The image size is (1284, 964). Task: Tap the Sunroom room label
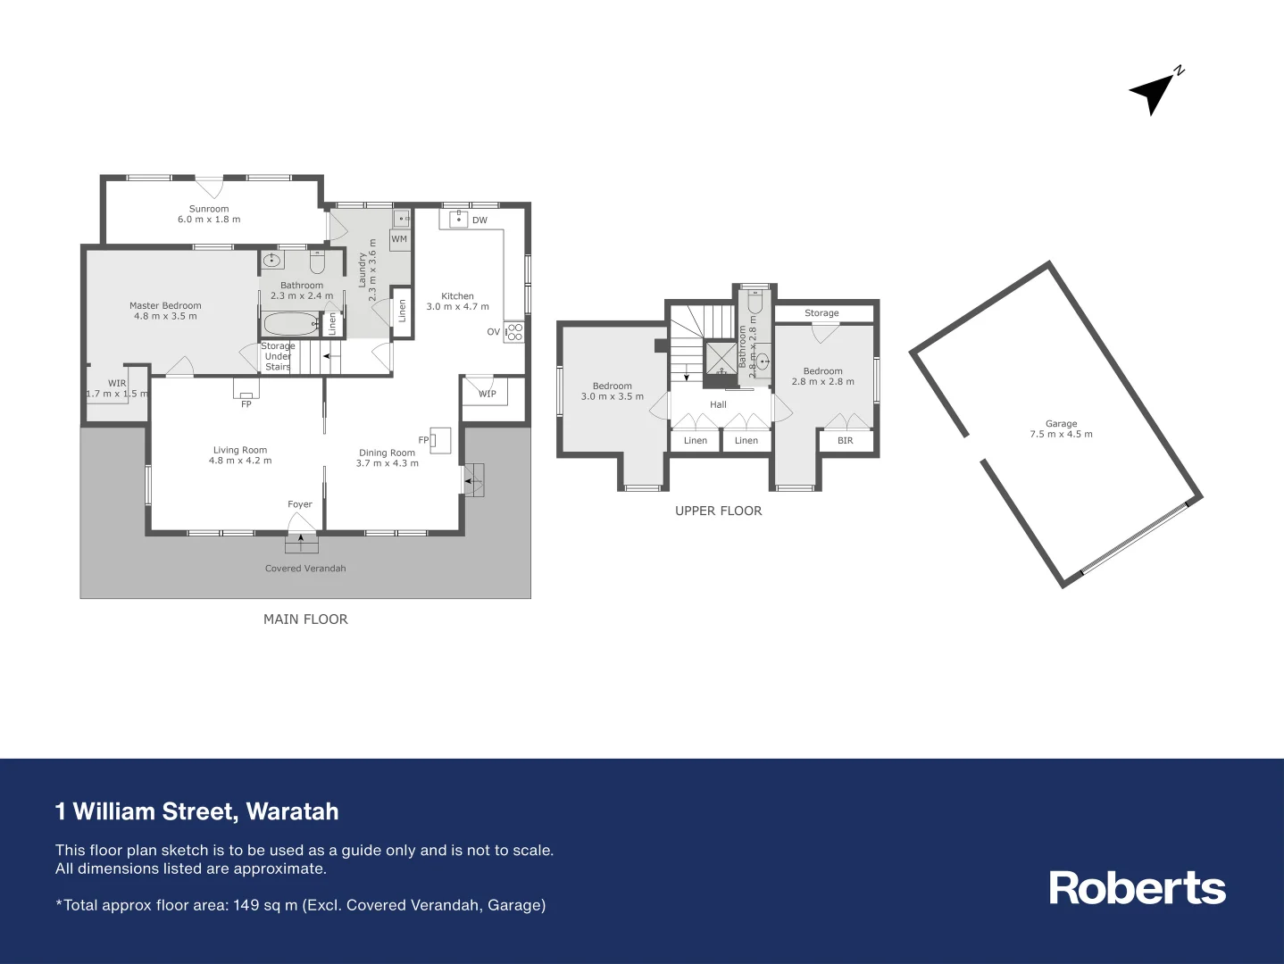209,209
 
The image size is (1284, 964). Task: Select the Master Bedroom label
165,305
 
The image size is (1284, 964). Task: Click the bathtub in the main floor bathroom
291,323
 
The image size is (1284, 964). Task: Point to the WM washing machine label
399,239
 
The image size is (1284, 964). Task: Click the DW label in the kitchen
479,220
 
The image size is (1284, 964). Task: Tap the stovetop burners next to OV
514,332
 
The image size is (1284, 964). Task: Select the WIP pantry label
488,394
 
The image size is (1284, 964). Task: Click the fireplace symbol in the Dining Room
440,440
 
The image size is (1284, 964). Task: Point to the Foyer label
300,504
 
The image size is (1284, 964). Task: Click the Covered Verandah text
305,569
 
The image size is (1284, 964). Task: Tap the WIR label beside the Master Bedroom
117,383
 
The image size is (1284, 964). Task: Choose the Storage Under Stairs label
278,356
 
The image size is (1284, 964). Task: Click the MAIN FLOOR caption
305,619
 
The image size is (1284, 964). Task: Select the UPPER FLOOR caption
718,511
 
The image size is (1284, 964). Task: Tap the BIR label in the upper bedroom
845,441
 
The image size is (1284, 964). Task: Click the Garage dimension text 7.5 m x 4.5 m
1061,435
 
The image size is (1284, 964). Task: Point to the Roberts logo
1137,888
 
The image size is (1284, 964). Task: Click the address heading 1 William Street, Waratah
197,811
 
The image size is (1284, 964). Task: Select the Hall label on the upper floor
718,405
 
